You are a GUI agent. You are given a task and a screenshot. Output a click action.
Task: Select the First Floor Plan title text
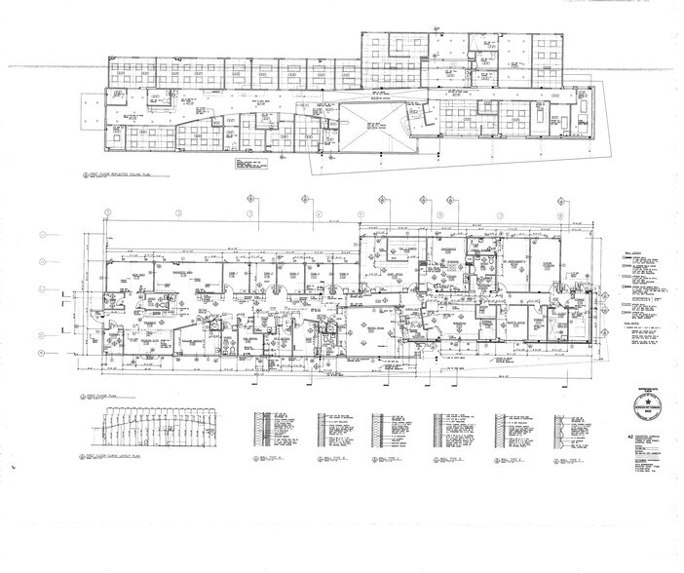[x=101, y=396]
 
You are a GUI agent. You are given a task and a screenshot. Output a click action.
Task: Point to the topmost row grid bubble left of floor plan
[x=41, y=235]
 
